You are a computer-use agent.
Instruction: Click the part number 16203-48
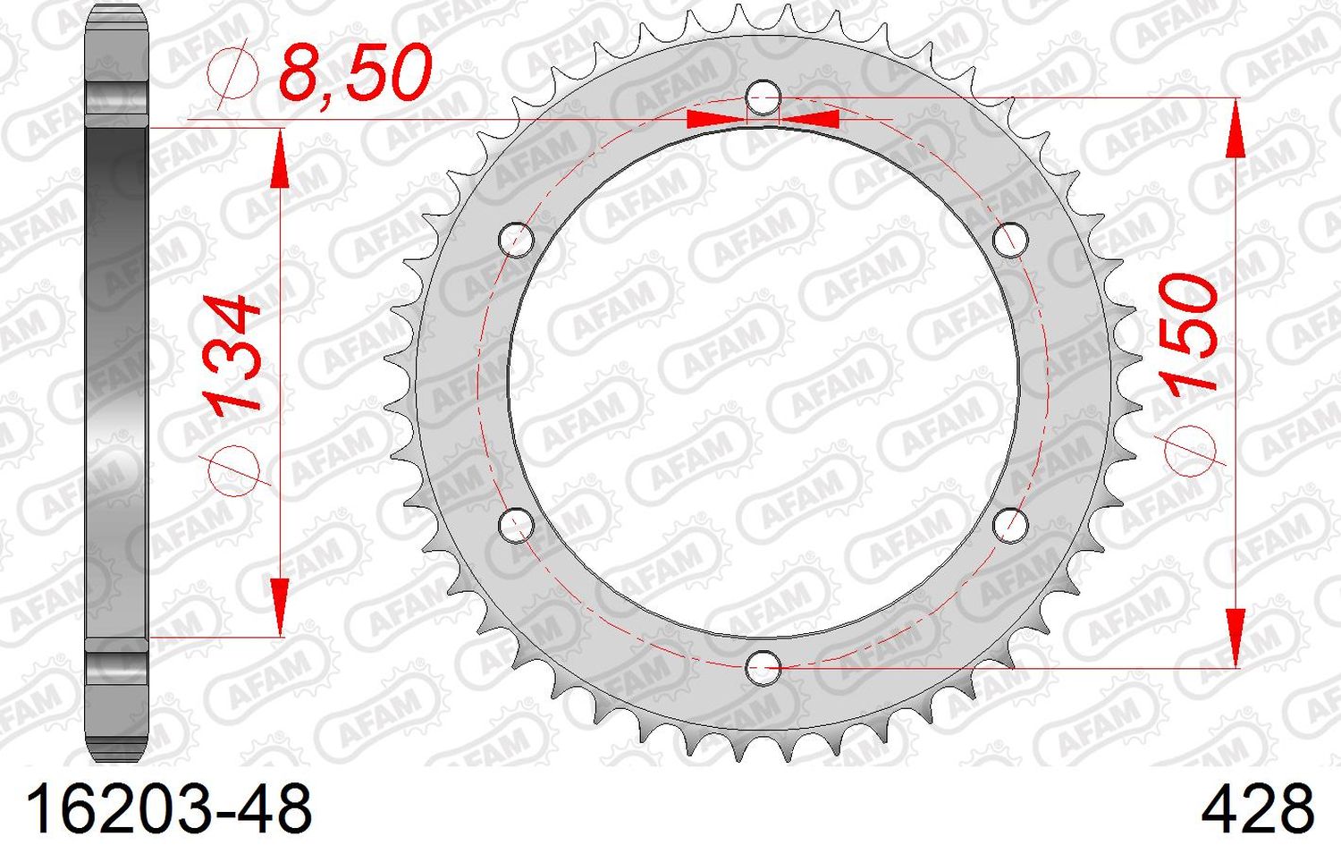click(x=170, y=809)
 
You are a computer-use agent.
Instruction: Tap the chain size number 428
click(x=1257, y=809)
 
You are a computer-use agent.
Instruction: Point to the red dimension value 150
click(x=1189, y=333)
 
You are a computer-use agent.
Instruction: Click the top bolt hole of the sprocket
click(x=763, y=97)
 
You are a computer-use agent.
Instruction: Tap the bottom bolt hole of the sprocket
click(x=763, y=667)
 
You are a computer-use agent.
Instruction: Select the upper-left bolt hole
click(x=516, y=240)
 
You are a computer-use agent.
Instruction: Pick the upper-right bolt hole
click(x=1010, y=240)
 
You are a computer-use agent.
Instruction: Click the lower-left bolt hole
click(x=516, y=525)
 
